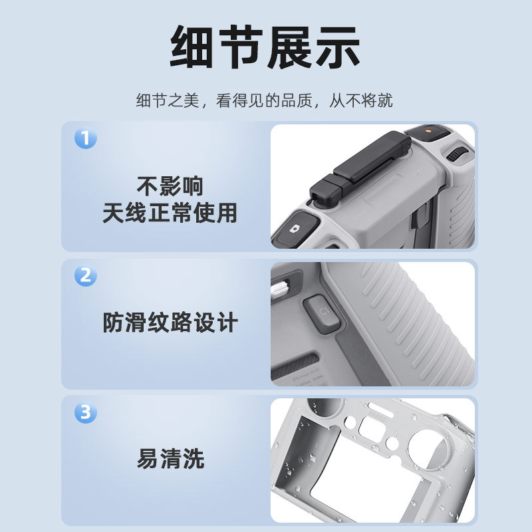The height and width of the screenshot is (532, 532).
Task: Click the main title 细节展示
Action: pos(265,47)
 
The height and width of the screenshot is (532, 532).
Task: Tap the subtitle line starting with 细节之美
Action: pos(264,101)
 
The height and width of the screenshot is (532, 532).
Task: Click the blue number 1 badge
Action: pos(86,138)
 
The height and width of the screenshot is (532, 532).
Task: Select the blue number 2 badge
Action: pos(86,275)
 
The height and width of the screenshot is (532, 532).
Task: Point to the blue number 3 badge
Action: pos(86,412)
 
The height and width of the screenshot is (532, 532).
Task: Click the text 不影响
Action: pos(170,186)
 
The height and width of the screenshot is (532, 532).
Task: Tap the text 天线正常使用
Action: pos(170,213)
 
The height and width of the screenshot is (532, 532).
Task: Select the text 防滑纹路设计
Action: pos(170,323)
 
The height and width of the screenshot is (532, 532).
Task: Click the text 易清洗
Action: pos(170,459)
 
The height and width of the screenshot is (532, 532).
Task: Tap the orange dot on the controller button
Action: pos(428,130)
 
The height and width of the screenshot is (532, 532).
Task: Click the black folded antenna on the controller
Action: pos(360,166)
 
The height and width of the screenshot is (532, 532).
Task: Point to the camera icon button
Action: pos(296,228)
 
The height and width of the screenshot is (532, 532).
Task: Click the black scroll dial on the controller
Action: pos(456,154)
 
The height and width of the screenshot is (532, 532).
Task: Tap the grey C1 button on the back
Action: pos(322,314)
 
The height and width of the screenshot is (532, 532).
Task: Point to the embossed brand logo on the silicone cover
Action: pos(377,417)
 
